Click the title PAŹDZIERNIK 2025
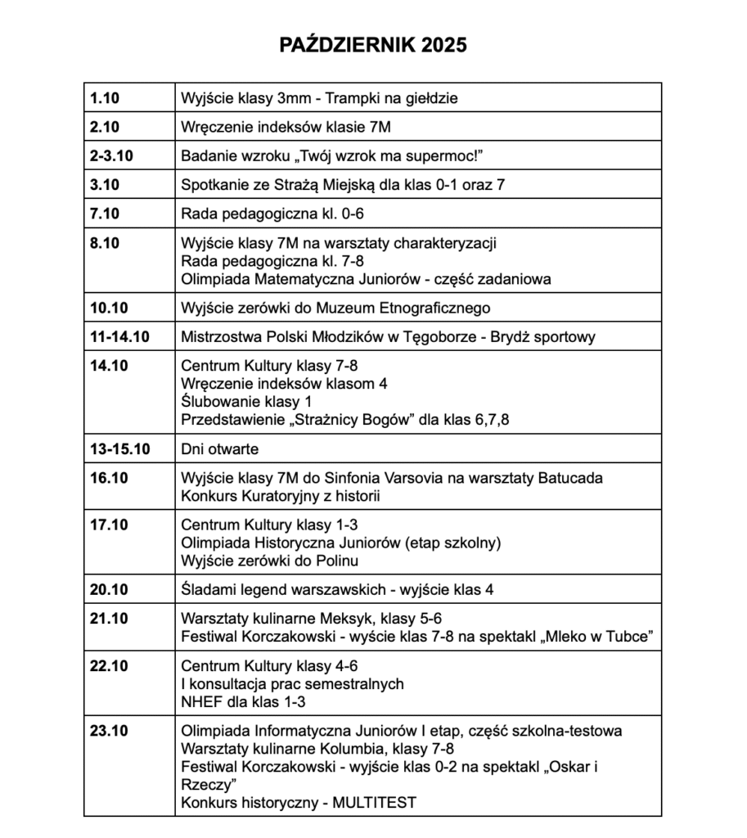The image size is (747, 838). click(373, 44)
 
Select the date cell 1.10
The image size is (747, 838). click(105, 98)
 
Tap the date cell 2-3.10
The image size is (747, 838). click(112, 155)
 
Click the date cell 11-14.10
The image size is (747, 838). click(119, 336)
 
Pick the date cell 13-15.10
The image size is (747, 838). click(119, 448)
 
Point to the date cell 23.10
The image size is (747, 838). click(109, 730)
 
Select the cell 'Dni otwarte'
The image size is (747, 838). click(219, 448)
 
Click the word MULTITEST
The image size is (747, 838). click(374, 803)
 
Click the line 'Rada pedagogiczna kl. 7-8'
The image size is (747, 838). click(260, 261)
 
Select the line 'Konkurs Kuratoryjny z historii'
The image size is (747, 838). click(281, 496)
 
